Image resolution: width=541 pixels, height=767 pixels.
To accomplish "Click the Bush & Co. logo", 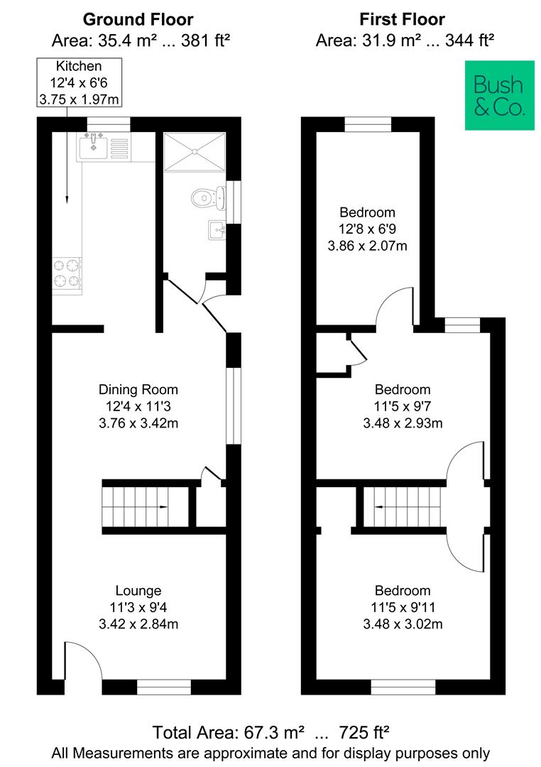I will click(x=499, y=95).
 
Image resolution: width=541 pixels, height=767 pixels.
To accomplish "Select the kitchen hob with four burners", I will click(x=67, y=273).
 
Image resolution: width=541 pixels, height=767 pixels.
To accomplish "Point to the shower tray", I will click(x=194, y=152).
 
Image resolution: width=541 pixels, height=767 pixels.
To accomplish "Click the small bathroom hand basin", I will click(x=217, y=230).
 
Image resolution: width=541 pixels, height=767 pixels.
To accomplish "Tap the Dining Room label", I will click(x=138, y=389).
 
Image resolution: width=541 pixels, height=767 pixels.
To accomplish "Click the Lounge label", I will click(x=138, y=590).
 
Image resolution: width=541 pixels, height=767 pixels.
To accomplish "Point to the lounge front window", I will click(x=164, y=687).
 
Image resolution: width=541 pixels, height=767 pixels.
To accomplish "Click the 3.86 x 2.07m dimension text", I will click(x=367, y=246).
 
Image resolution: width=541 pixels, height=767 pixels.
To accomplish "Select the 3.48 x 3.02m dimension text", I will click(x=403, y=624).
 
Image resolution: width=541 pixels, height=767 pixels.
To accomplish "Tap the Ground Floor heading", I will click(x=138, y=19).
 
